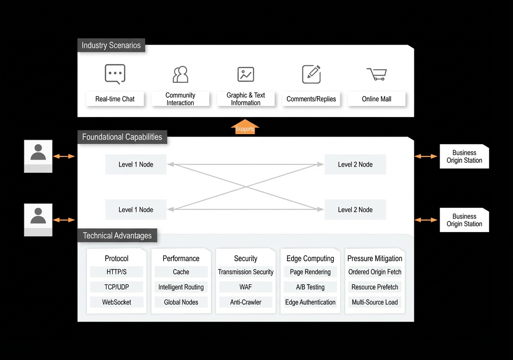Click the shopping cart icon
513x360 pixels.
[377, 74]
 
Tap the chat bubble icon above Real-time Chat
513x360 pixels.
[115, 74]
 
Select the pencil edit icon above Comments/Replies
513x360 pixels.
[311, 74]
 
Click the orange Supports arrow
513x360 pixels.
[245, 127]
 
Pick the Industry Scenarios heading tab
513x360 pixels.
[111, 45]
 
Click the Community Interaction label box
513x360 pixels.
[180, 99]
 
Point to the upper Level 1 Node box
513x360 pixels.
[136, 164]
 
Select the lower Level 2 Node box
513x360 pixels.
[355, 210]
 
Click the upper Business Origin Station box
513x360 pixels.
[464, 156]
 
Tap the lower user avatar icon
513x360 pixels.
[38, 220]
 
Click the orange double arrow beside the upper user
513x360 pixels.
[64, 156]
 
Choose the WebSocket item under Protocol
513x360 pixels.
[117, 302]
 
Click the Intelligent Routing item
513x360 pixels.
[181, 287]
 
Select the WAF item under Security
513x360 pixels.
[246, 287]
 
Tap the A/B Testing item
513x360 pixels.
[310, 287]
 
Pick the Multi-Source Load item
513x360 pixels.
[375, 302]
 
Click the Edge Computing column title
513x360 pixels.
[310, 258]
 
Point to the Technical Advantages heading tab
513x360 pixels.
[117, 235]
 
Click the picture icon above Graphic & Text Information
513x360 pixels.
[246, 74]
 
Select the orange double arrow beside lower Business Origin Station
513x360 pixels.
[426, 220]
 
